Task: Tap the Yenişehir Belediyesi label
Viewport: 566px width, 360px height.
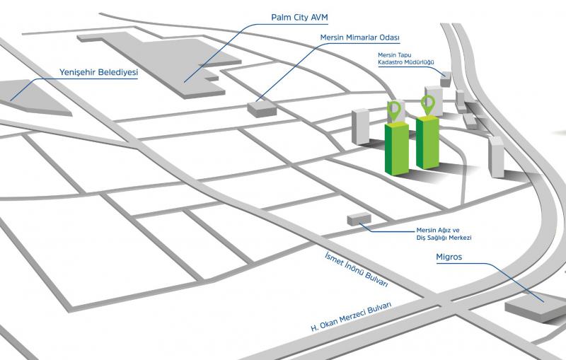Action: (98, 72)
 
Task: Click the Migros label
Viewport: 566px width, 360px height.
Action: (449, 257)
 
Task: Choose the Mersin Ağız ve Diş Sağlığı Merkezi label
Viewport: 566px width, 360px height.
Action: (444, 234)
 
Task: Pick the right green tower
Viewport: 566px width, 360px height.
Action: (428, 143)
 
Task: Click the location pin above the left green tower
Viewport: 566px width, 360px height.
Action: (394, 110)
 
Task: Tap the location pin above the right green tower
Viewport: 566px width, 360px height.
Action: (427, 104)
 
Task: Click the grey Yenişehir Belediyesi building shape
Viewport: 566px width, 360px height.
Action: (32, 99)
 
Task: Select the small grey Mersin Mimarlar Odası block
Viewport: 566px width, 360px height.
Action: (262, 109)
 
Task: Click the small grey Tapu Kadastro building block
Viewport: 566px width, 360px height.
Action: (445, 80)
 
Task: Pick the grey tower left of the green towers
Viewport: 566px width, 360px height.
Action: (361, 127)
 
